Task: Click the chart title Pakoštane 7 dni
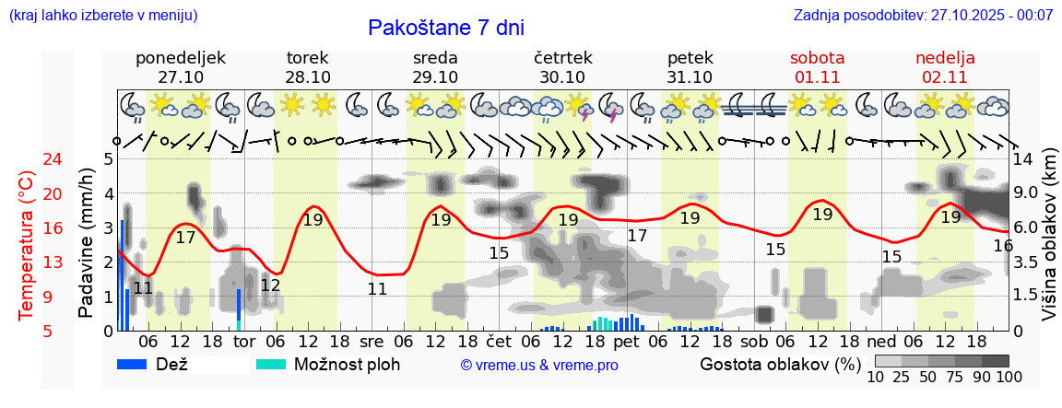point(445,28)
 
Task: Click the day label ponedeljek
point(181,58)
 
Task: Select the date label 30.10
point(562,77)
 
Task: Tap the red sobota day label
point(818,58)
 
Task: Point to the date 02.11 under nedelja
point(945,77)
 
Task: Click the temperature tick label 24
point(28,159)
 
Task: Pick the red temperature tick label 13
point(28,263)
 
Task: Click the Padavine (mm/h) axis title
point(87,243)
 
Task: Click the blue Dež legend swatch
point(135,364)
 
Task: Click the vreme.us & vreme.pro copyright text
point(539,365)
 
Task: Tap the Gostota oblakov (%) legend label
point(779,364)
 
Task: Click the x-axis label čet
point(499,341)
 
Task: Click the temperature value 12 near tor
point(270,286)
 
